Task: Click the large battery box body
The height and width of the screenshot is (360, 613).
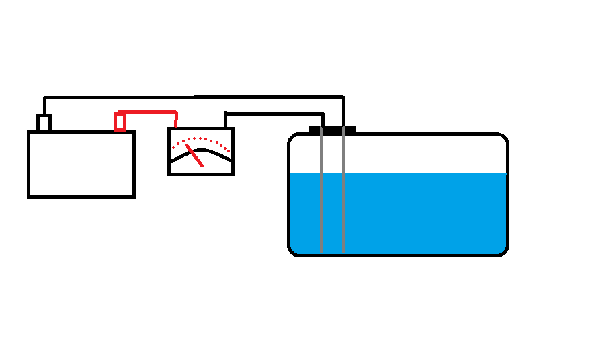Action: [x=81, y=165]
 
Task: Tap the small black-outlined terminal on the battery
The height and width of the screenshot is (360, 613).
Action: [x=44, y=123]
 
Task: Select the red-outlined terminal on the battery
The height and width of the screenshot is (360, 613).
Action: [x=120, y=122]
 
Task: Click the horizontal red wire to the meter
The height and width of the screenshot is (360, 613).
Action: [x=148, y=111]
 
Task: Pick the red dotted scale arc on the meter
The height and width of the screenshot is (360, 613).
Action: [x=202, y=140]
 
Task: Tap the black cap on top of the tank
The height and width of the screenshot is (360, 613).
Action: [x=332, y=129]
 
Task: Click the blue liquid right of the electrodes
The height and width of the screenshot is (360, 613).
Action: [x=423, y=212]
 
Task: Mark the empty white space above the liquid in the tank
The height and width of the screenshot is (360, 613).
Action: [x=423, y=154]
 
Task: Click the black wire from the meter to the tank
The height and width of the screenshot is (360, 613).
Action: [x=276, y=114]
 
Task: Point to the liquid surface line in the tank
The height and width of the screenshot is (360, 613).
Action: [x=423, y=173]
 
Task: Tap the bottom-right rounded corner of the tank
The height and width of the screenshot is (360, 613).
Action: [x=503, y=251]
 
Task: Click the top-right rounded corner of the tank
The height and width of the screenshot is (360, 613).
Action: [x=503, y=138]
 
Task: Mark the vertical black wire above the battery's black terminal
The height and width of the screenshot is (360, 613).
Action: [x=44, y=106]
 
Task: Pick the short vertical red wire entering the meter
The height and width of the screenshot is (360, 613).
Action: [x=176, y=120]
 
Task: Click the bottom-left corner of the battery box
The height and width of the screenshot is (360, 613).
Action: [x=29, y=196]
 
